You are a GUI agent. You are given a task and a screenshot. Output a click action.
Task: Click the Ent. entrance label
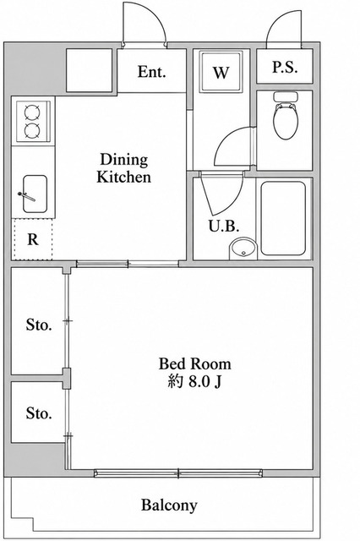pyautogui.click(x=152, y=72)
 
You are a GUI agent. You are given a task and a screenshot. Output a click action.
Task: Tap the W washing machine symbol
pyautogui.click(x=221, y=72)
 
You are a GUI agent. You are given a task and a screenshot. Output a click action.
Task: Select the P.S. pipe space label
pyautogui.click(x=285, y=68)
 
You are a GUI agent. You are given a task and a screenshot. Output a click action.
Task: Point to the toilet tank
pyautogui.click(x=285, y=96)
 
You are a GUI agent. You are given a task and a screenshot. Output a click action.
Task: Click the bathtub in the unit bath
pyautogui.click(x=283, y=218)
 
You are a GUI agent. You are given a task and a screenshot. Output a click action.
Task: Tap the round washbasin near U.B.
pyautogui.click(x=243, y=249)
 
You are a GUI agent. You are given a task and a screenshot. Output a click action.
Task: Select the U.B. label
pyautogui.click(x=224, y=226)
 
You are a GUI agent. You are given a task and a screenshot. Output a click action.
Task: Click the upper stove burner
pyautogui.click(x=32, y=112)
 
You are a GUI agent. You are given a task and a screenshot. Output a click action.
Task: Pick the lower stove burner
pyautogui.click(x=32, y=129)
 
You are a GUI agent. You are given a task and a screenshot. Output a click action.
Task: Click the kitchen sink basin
pyautogui.click(x=35, y=194)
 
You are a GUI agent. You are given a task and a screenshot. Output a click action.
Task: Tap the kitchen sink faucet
pyautogui.click(x=26, y=196)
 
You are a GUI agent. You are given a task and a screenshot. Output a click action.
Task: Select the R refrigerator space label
pyautogui.click(x=32, y=239)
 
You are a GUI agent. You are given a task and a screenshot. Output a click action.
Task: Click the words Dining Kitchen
pyautogui.click(x=123, y=168)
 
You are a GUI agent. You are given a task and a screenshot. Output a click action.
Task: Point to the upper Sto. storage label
pyautogui.click(x=39, y=325)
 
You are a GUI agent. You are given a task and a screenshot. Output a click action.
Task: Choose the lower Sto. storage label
pyautogui.click(x=39, y=413)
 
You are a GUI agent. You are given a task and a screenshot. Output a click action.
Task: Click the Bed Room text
pyautogui.click(x=195, y=363)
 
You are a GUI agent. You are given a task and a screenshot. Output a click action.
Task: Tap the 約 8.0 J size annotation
pyautogui.click(x=194, y=381)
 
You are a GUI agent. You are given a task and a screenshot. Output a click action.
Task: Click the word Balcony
pyautogui.click(x=169, y=505)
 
